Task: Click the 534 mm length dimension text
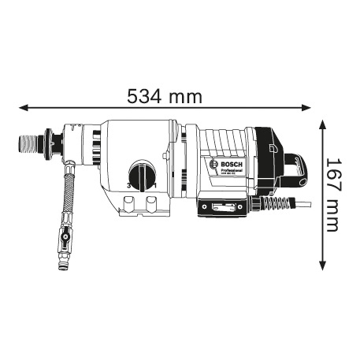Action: [164, 97]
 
